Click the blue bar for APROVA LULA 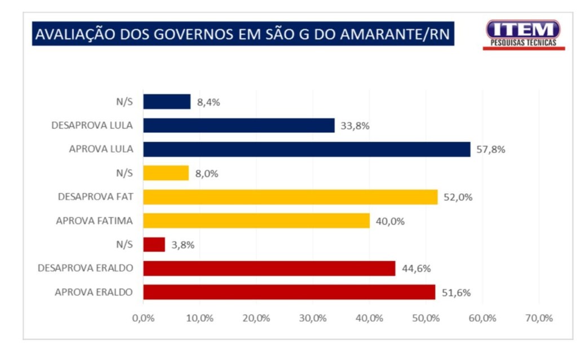tap(307, 149)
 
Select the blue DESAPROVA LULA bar tap(239, 125)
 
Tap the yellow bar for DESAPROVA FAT tap(290, 197)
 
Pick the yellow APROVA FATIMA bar tap(256, 221)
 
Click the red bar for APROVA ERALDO tap(289, 292)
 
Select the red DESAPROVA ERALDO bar tap(269, 268)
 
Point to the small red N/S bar tap(154, 245)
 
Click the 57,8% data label tap(491, 150)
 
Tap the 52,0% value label tap(458, 197)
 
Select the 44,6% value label tap(416, 269)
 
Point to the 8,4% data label tap(208, 103)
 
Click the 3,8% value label tap(183, 245)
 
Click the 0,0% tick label tap(143, 318)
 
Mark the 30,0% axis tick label tap(313, 318)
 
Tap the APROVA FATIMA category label tap(94, 221)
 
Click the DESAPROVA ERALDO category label tap(85, 268)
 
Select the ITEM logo tap(523, 33)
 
